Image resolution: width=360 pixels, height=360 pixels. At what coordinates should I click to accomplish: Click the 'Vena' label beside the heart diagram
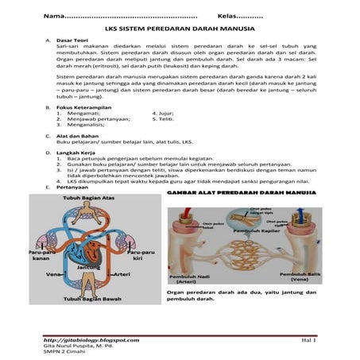pyautogui.click(x=54, y=274)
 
